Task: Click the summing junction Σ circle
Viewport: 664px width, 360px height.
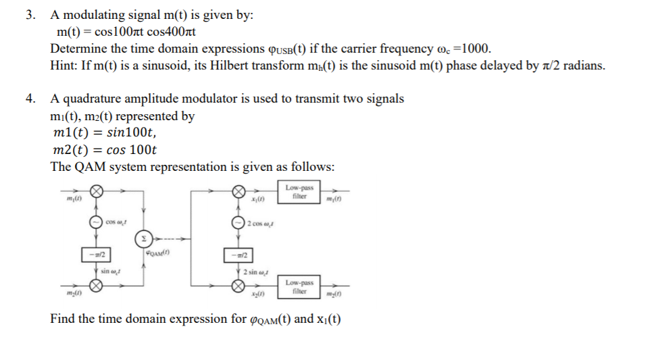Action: (143, 238)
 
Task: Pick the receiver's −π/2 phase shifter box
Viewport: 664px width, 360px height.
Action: (238, 255)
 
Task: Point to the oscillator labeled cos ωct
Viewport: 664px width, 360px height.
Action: (97, 222)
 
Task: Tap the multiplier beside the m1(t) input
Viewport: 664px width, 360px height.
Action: (97, 192)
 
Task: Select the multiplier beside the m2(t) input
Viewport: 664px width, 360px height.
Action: (97, 286)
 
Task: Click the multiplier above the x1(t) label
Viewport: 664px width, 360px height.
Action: (238, 192)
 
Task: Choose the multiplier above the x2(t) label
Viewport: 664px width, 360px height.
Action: (238, 286)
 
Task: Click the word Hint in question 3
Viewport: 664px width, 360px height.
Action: (63, 66)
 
